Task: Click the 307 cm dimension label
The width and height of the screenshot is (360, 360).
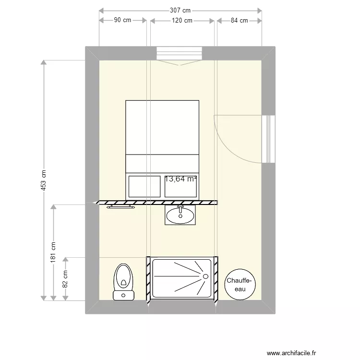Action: [x=180, y=10]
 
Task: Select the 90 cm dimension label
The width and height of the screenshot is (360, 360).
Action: [x=122, y=20]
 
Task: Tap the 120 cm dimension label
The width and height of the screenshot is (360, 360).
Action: [x=182, y=20]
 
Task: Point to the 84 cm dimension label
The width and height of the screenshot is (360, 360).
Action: [x=239, y=20]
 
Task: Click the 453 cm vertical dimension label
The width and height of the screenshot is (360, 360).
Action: [x=43, y=180]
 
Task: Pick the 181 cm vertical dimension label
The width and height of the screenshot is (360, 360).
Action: [x=53, y=252]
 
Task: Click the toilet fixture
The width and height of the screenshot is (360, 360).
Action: [x=123, y=281]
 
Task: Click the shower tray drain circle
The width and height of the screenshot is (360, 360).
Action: [x=205, y=276]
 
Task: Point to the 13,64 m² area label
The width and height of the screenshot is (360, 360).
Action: [x=181, y=179]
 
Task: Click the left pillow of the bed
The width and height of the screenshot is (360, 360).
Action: [x=144, y=186]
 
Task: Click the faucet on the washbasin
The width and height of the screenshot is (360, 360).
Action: [x=180, y=209]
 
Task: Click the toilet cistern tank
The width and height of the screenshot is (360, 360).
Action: [x=123, y=295]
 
